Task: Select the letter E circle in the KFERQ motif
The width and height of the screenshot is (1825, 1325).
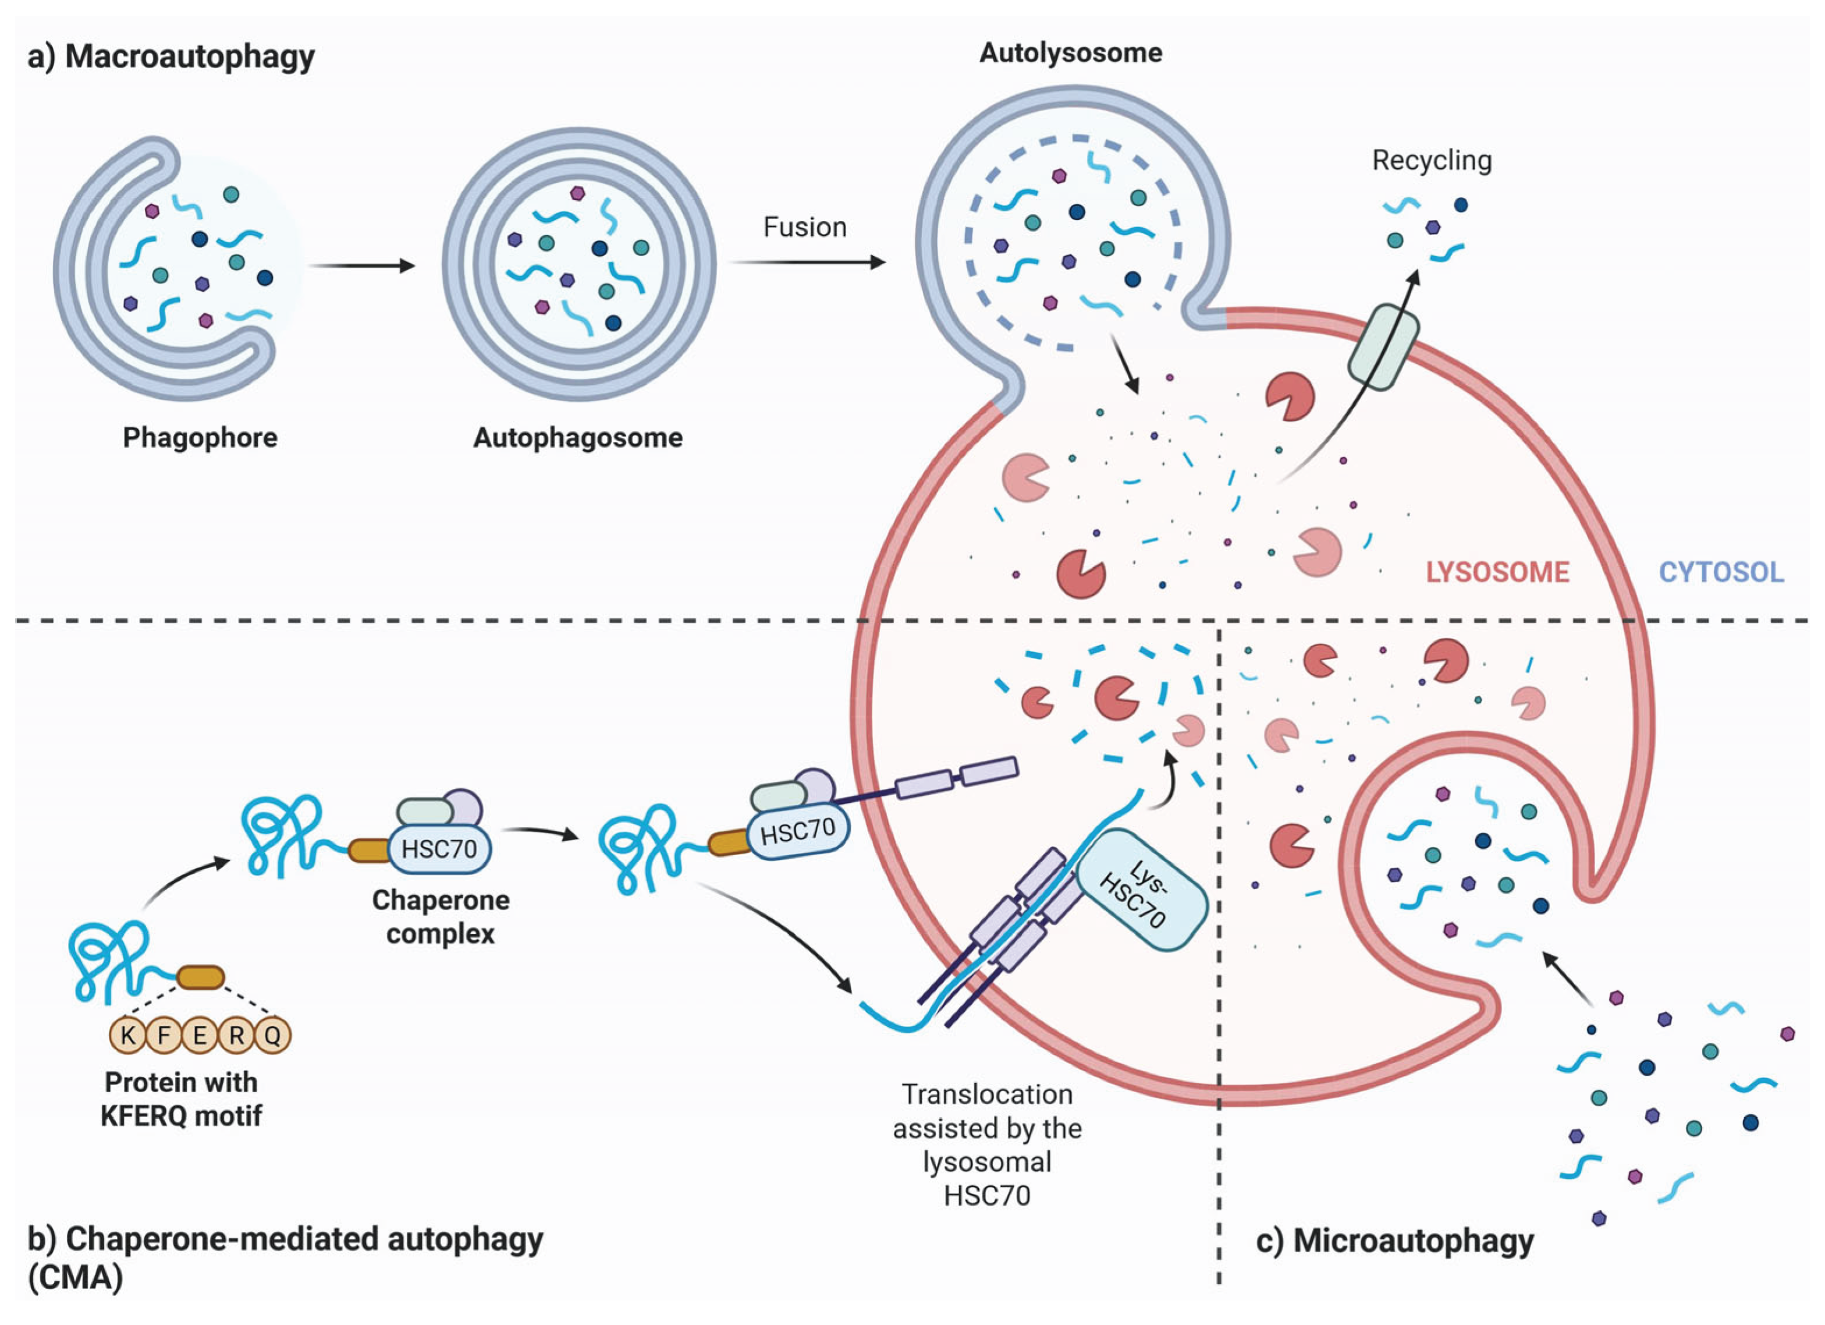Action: coord(200,1035)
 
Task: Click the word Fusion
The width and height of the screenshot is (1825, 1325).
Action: coord(805,228)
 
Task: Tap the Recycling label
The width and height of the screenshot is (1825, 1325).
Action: coord(1432,160)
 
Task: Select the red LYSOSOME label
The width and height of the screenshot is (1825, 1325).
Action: coord(1497,572)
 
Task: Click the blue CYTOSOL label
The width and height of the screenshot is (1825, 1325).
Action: coord(1721,572)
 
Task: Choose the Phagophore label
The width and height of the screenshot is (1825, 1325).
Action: coord(200,438)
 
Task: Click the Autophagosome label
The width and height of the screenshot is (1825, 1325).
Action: coord(578,438)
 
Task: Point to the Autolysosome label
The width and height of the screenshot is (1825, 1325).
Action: coord(1070,53)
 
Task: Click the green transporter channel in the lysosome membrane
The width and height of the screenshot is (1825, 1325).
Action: coord(1383,346)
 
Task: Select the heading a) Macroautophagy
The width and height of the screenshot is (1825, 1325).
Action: coord(171,57)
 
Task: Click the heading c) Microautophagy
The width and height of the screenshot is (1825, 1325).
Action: coord(1394,1241)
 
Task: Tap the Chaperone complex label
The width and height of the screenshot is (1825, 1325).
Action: coord(440,917)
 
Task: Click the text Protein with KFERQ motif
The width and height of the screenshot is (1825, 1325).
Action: coord(181,1099)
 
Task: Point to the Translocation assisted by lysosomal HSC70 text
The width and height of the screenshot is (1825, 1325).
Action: coord(988,1144)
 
